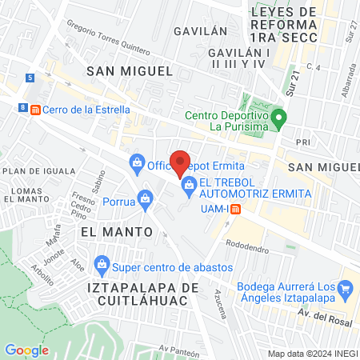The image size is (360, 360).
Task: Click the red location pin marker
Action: [x=180, y=162]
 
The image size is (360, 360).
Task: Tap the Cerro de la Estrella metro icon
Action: [x=34, y=109]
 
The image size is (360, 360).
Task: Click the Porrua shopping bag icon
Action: [x=145, y=197]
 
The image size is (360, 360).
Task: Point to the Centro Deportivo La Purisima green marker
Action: [x=278, y=120]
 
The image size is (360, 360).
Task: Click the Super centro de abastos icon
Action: [x=102, y=263]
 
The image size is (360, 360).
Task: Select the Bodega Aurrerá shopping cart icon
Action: [x=346, y=287]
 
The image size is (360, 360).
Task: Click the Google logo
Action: [x=26, y=350]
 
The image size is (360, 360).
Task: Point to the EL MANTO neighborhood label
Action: [x=117, y=230]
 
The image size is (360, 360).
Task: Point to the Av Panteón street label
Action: [x=178, y=348]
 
